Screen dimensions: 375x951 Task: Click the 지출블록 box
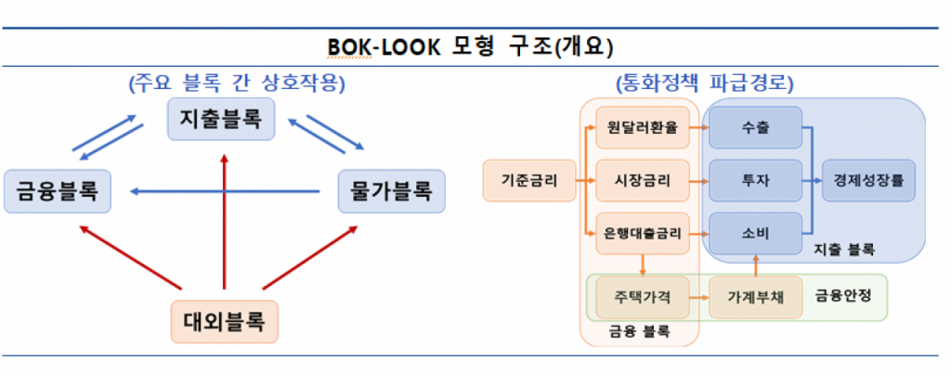[x=221, y=119]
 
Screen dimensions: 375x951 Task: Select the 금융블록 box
[x=57, y=191]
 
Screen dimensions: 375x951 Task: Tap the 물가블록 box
[x=392, y=191]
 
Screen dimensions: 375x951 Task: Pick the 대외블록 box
[x=225, y=322]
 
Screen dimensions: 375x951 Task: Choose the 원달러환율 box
[x=642, y=128]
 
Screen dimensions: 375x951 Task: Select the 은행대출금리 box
[x=642, y=232]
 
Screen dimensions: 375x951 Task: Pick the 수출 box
[x=755, y=128]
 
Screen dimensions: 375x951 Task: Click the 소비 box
[x=755, y=232]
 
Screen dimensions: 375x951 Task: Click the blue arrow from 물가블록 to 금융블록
[x=232, y=191]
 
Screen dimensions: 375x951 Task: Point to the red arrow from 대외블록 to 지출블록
[x=223, y=223]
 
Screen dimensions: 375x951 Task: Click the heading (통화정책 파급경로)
[x=705, y=83]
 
